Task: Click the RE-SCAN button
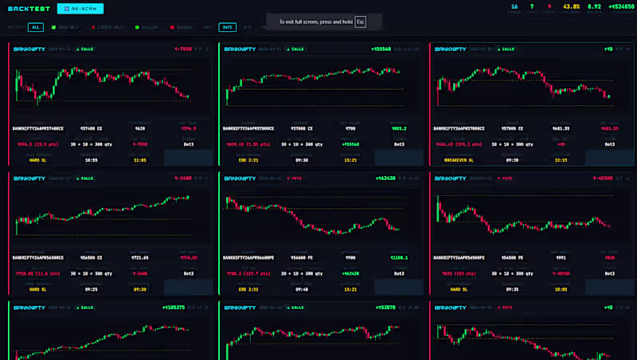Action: pos(80,10)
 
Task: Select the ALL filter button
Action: pos(36,27)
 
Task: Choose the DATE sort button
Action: pos(228,27)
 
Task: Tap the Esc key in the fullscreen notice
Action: pos(361,22)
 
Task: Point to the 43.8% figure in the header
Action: pos(571,6)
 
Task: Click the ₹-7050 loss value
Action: pos(184,49)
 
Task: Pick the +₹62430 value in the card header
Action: pos(385,179)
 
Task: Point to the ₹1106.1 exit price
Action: pos(398,258)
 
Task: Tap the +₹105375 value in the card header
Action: pos(174,307)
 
